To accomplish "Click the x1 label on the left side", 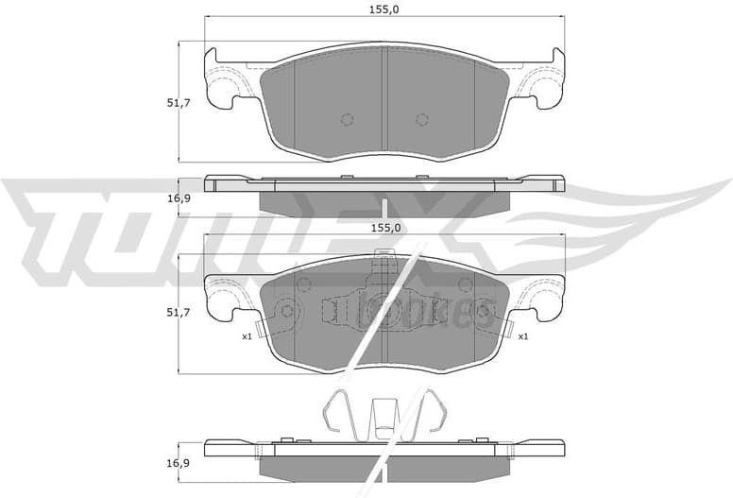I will [247, 335].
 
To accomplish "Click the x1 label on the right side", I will [521, 335].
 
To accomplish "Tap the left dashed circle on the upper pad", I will [346, 119].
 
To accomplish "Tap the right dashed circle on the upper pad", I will [421, 119].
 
